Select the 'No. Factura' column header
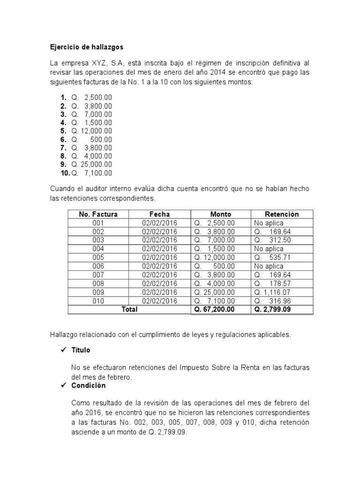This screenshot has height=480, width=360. pos(98,214)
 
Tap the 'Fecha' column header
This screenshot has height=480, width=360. pos(159,214)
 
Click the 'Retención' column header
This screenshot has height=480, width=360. pos(282,214)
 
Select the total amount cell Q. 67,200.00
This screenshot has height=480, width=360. pos(214,309)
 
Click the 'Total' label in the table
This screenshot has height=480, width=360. pos(129,309)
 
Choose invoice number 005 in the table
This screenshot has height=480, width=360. pos(98,257)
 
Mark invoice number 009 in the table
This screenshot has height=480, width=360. pos(98,292)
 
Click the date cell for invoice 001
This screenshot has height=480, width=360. pos(159,223)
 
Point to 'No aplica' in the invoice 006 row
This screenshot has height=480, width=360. pos(269,266)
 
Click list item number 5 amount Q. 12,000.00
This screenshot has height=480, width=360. pos(91,131)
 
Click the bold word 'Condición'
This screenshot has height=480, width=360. pos(89,385)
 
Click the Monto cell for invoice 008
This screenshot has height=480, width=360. pos(214,284)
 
